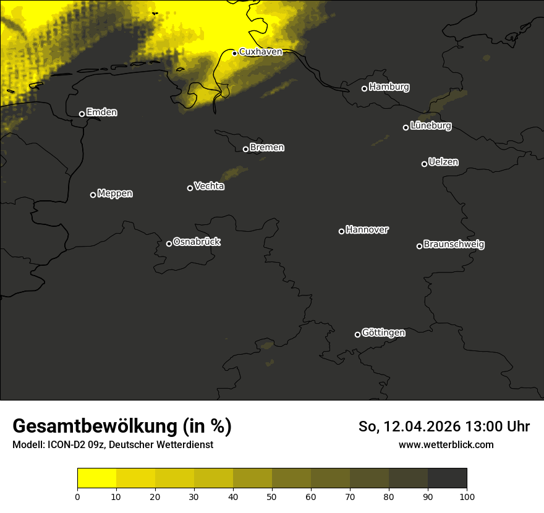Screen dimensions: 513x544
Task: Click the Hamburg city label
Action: click(x=389, y=87)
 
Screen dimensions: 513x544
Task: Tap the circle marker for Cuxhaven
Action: click(x=234, y=53)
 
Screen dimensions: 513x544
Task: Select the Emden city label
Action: click(x=101, y=112)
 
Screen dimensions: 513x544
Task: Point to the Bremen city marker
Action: click(x=245, y=149)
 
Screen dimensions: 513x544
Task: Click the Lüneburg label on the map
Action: click(x=430, y=126)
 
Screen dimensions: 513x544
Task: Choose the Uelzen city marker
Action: click(x=424, y=164)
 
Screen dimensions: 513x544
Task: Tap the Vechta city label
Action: click(x=209, y=186)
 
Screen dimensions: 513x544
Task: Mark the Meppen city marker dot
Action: click(x=93, y=195)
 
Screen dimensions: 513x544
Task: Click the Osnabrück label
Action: click(x=197, y=242)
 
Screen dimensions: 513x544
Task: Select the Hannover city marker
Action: click(x=341, y=231)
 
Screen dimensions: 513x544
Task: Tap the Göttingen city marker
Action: click(x=357, y=334)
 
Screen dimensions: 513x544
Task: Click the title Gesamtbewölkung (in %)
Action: click(x=122, y=426)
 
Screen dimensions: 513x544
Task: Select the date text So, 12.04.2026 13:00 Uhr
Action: click(x=444, y=426)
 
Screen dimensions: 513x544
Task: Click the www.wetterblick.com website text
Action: click(x=446, y=444)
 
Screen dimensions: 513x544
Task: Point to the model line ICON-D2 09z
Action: click(x=113, y=444)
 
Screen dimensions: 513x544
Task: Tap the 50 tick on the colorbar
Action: click(x=272, y=496)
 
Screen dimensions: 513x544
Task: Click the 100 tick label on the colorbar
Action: click(x=467, y=496)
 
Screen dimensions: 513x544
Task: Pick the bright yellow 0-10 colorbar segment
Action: click(x=96, y=478)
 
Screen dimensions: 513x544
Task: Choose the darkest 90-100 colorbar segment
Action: click(x=447, y=478)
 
